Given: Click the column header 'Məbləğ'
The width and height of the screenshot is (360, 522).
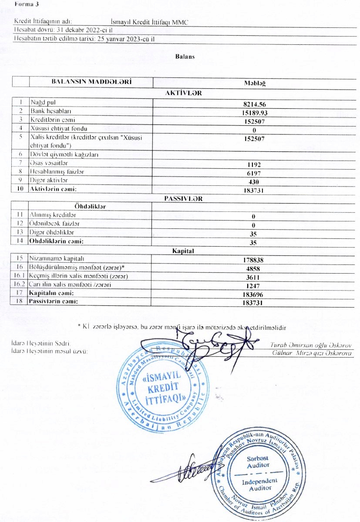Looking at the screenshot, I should [x=256, y=84].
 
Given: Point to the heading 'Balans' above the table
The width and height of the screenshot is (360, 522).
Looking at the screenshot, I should [x=185, y=57].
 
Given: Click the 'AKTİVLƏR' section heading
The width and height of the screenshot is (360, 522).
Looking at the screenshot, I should [x=184, y=93].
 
